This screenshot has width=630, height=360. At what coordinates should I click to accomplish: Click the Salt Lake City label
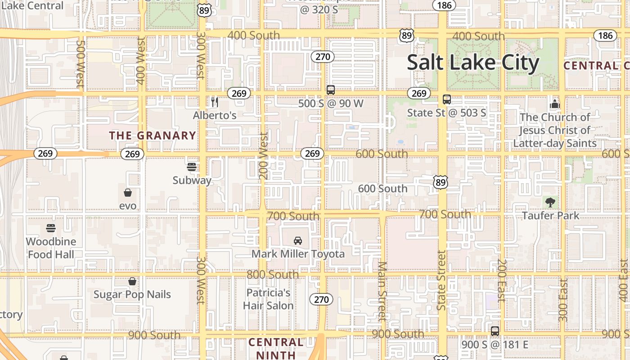click(x=473, y=63)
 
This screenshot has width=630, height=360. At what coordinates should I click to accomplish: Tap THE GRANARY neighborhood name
click(x=153, y=135)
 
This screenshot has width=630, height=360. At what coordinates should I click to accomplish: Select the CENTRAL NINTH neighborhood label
click(x=276, y=348)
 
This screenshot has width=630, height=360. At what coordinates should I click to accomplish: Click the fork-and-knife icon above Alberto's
click(x=215, y=102)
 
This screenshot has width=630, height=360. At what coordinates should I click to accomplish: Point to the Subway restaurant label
click(x=192, y=180)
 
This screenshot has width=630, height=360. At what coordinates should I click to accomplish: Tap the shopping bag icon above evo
click(x=128, y=193)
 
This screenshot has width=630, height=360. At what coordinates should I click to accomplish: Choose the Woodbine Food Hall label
click(x=51, y=248)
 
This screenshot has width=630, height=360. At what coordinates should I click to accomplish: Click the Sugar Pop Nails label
click(x=132, y=295)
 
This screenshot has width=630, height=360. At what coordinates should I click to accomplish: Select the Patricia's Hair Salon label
click(x=269, y=299)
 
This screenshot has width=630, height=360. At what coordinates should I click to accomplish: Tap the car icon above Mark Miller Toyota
click(x=298, y=241)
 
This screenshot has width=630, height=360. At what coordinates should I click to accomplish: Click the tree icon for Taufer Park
click(x=550, y=202)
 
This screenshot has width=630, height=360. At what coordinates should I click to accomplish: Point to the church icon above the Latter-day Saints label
click(x=554, y=104)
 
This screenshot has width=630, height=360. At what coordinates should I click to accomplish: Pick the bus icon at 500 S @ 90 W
click(x=331, y=90)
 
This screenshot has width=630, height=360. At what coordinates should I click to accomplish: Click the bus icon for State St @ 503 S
click(x=447, y=99)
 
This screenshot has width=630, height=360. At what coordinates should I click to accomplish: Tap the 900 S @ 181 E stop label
click(x=495, y=345)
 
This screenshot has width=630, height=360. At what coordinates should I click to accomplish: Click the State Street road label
click(x=441, y=280)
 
